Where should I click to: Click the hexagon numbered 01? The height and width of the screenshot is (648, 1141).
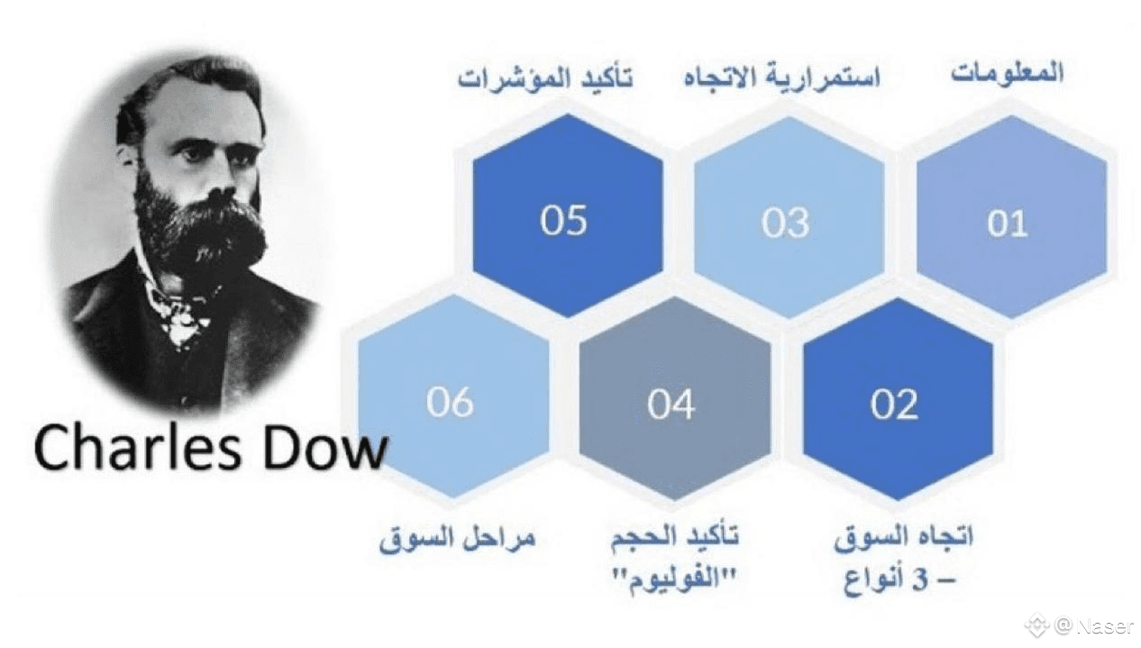point(1011,217)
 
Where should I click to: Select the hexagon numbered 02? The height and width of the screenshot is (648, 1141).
point(898,399)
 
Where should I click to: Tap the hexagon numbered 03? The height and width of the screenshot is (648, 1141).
point(789,217)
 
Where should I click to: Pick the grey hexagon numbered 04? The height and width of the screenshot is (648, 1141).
point(675,398)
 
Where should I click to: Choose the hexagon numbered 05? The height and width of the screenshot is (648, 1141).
point(568,215)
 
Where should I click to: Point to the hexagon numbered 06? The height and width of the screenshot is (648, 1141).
point(453,397)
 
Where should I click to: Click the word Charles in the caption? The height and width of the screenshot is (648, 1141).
point(138,448)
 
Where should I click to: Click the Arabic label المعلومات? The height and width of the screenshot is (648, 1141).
point(1008,73)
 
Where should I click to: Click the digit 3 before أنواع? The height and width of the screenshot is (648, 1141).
point(920,580)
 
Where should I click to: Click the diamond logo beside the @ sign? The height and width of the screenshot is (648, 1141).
point(1037,626)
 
